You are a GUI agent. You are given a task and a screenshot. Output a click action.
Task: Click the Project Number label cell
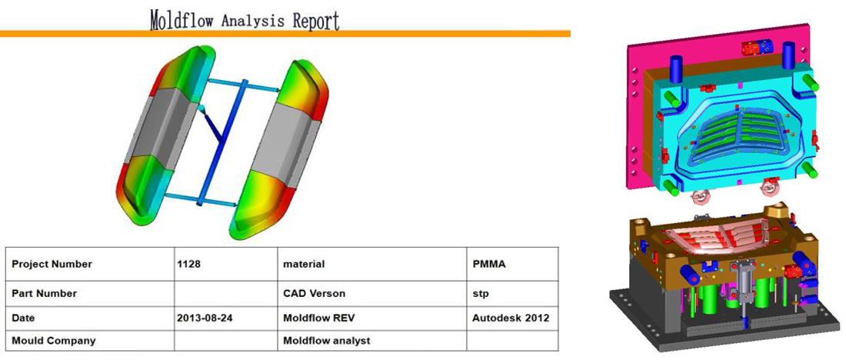click(52, 265)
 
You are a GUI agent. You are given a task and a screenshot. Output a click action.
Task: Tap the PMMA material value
click(489, 265)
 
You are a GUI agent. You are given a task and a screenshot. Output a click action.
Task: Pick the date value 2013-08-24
click(205, 318)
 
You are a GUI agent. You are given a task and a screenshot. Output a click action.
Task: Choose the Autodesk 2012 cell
click(511, 318)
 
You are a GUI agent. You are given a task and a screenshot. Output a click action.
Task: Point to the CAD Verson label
click(314, 294)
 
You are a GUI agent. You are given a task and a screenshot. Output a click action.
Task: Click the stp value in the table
click(480, 294)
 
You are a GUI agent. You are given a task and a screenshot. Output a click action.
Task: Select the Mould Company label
click(53, 341)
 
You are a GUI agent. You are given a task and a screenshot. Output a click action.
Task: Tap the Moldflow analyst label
click(326, 341)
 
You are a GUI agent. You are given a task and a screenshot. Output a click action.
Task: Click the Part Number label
click(45, 294)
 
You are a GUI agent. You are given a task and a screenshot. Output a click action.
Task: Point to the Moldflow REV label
click(319, 318)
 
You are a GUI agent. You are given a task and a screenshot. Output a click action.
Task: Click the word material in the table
click(304, 265)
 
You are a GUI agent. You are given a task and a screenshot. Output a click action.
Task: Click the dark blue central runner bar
click(222, 142)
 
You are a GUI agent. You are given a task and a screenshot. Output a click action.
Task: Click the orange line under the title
click(285, 34)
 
